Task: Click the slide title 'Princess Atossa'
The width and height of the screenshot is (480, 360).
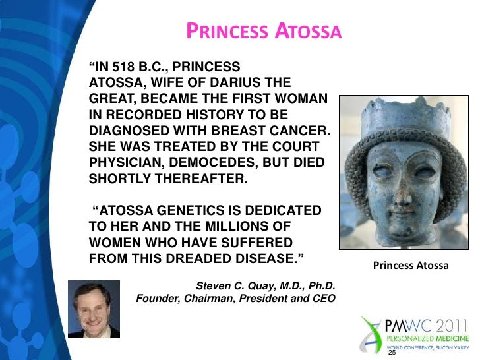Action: tap(262, 31)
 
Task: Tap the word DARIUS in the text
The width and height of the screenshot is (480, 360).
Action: tap(247, 82)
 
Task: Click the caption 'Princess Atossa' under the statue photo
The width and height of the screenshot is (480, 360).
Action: tap(411, 266)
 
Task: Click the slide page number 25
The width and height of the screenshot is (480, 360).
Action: tap(393, 353)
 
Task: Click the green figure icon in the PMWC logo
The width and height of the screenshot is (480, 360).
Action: tap(370, 330)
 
